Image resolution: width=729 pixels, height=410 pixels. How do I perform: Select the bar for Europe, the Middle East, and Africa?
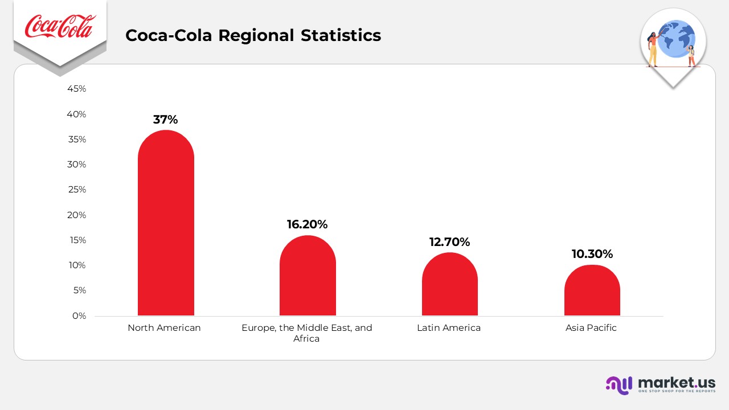[x=308, y=276]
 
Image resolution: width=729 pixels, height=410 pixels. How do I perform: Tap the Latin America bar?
[x=449, y=284]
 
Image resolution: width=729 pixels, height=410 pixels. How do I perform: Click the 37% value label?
[x=166, y=120]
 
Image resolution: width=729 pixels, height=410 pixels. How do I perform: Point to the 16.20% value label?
[x=307, y=224]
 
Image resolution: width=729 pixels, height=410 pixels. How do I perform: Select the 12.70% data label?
[x=449, y=242]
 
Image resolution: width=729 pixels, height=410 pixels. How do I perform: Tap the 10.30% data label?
[x=592, y=254]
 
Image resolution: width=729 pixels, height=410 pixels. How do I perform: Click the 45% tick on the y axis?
[x=76, y=89]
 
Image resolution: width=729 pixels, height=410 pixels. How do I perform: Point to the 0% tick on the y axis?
[x=79, y=315]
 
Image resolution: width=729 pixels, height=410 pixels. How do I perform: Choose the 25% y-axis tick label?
[x=76, y=190]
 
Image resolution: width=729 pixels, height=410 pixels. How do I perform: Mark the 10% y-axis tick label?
[x=76, y=265]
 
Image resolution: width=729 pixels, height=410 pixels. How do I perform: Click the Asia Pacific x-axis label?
[x=591, y=328]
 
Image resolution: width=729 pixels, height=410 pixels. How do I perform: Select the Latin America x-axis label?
[x=449, y=328]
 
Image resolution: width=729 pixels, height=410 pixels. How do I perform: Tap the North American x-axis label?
[x=164, y=328]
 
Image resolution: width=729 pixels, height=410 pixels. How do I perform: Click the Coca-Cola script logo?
[x=60, y=27]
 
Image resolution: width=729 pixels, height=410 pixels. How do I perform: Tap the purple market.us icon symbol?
[x=619, y=385]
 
